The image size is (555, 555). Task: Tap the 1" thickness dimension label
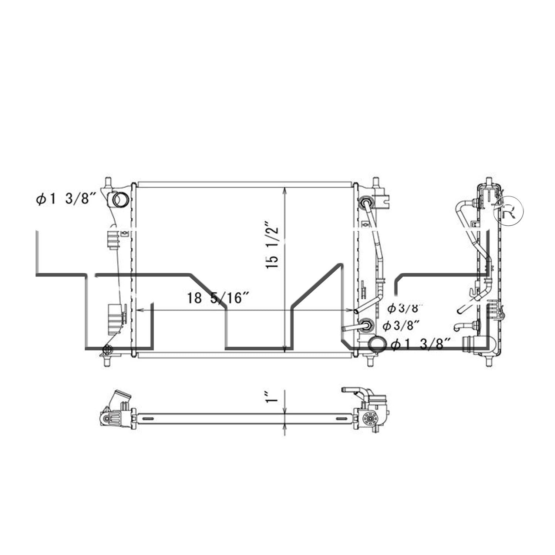click(x=273, y=396)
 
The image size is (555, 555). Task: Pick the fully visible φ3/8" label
click(x=401, y=326)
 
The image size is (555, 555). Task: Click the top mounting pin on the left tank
click(x=108, y=182)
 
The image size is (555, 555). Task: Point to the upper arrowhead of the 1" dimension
click(x=285, y=410)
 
